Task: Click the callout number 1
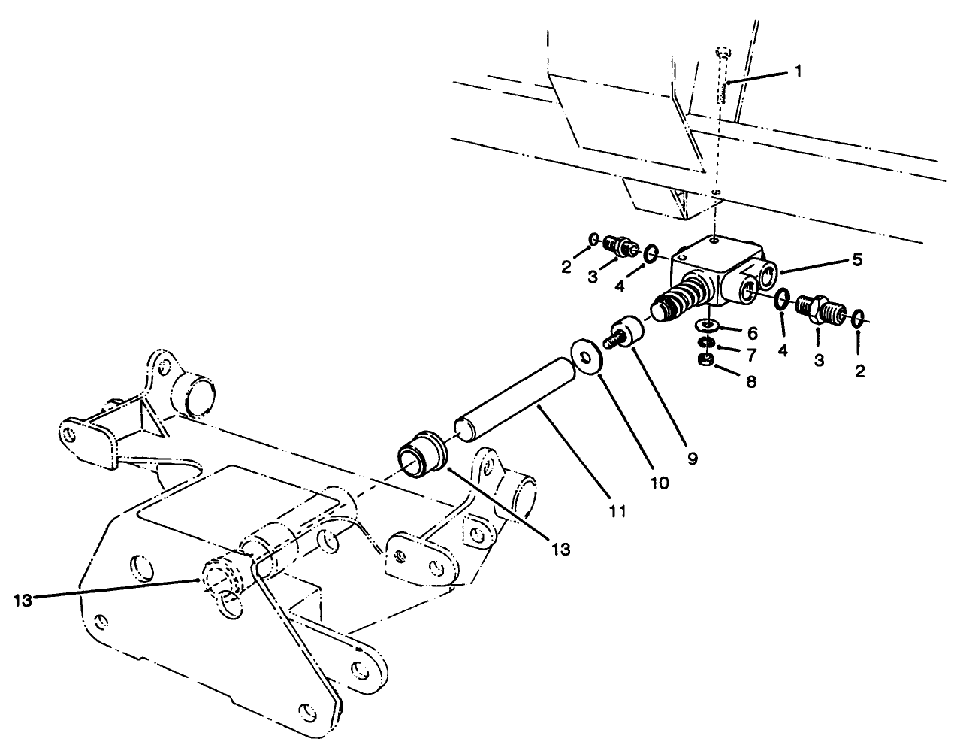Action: click(x=798, y=71)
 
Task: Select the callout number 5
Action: click(x=857, y=260)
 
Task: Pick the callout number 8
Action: click(x=751, y=381)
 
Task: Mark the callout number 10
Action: click(x=659, y=485)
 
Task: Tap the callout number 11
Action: click(x=617, y=511)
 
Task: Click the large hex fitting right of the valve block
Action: click(x=817, y=310)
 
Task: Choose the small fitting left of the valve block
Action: click(x=622, y=246)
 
